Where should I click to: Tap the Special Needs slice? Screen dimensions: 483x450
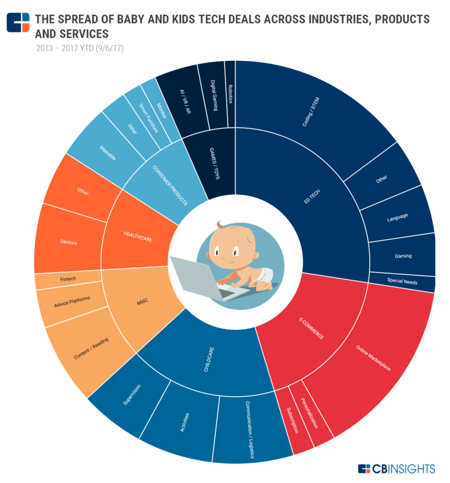402,282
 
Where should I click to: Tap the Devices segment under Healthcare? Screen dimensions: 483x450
68,242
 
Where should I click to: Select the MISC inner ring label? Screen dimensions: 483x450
142,301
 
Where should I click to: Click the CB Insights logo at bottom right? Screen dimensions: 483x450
397,468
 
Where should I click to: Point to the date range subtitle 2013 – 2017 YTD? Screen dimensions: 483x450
80,49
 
